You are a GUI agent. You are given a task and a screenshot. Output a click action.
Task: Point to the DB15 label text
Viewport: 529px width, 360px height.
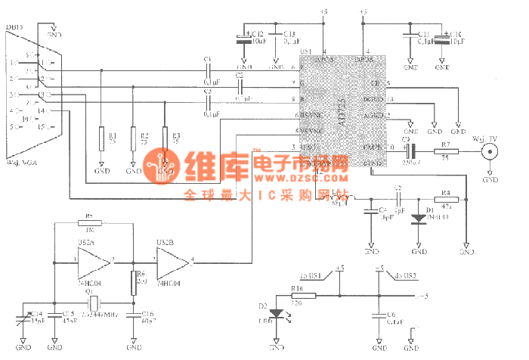[14, 27]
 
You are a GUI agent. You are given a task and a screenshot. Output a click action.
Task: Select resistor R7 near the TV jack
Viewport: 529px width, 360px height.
[445, 153]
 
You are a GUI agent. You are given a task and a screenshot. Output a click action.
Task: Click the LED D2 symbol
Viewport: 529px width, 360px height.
[274, 312]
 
